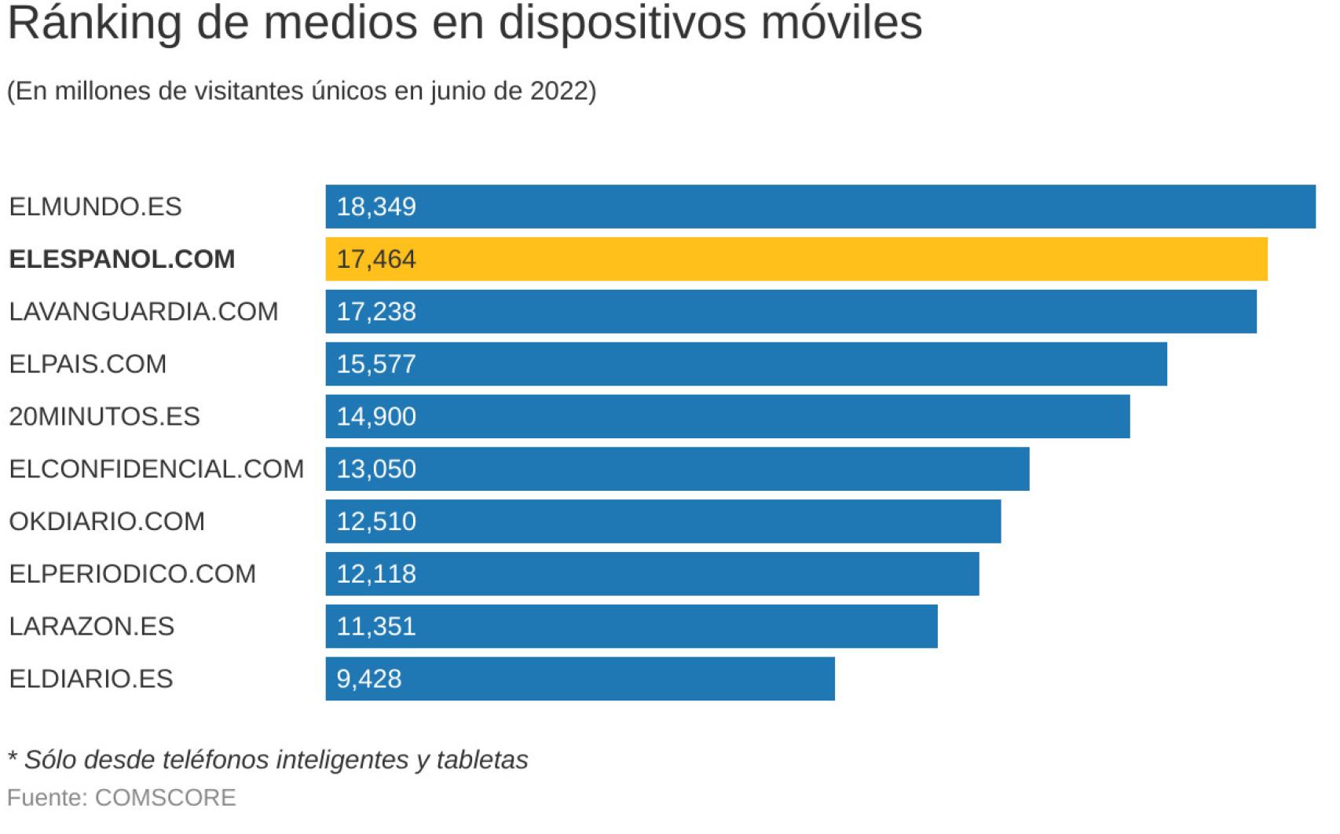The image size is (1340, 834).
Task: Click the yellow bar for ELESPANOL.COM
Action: tap(796, 259)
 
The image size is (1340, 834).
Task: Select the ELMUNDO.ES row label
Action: tap(95, 207)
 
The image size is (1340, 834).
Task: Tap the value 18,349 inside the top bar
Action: tap(376, 207)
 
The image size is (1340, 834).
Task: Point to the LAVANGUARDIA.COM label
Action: tap(144, 312)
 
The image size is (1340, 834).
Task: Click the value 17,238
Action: tap(376, 312)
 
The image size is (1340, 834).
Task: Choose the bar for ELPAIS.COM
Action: tap(746, 364)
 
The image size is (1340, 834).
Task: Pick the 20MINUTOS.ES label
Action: tap(104, 416)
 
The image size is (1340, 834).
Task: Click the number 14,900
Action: tap(376, 416)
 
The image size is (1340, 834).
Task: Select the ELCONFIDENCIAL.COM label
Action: tap(156, 469)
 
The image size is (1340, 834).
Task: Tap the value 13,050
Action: tap(376, 469)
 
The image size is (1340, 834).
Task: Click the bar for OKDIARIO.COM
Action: tap(663, 521)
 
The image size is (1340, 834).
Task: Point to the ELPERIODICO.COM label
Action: tap(133, 574)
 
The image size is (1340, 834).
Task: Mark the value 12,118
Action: tap(376, 574)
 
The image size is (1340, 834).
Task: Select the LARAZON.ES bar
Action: tap(632, 626)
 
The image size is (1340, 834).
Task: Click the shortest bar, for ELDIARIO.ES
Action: tap(580, 679)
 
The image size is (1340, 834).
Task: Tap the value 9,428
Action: tap(369, 679)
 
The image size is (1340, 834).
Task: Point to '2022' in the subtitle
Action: tap(558, 91)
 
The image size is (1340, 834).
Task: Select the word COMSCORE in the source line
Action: tap(165, 798)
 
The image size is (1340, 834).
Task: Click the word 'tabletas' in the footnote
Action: tap(482, 760)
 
